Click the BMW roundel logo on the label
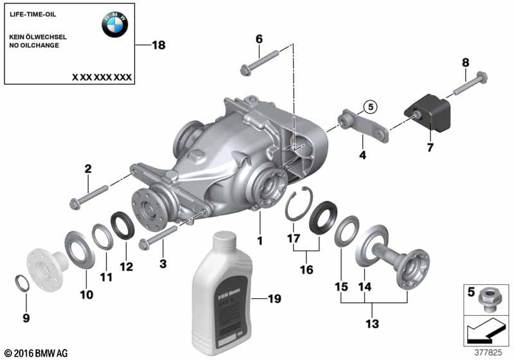(114, 24)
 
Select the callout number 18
(158, 45)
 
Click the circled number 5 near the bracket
(370, 106)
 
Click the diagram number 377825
(490, 352)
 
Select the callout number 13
(371, 323)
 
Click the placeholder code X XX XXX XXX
(102, 76)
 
